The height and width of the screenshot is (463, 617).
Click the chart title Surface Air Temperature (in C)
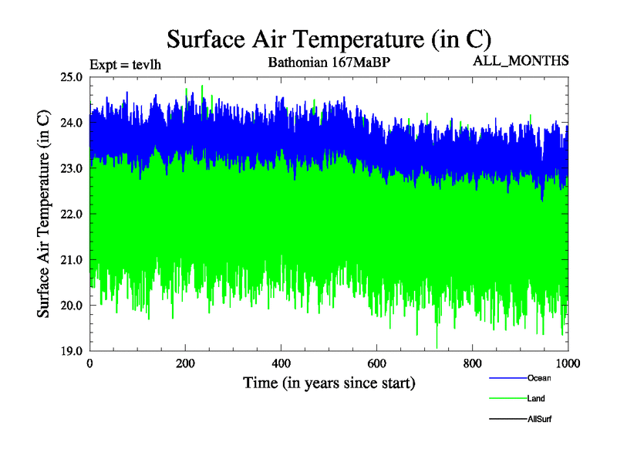point(329,39)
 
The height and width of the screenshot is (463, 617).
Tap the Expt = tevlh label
point(125,64)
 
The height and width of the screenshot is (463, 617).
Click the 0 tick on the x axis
point(90,363)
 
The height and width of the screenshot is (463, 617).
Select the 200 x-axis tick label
point(185,363)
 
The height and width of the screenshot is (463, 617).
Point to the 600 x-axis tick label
point(376,363)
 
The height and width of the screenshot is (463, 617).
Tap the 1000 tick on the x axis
point(568,363)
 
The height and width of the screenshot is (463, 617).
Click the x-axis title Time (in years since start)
point(329,383)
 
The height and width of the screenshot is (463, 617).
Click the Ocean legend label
point(539,378)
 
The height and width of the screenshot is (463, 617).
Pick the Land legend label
point(537,398)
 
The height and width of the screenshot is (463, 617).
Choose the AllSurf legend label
point(539,418)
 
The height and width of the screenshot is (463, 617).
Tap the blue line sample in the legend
point(507,378)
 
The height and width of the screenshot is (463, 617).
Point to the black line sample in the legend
point(507,418)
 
